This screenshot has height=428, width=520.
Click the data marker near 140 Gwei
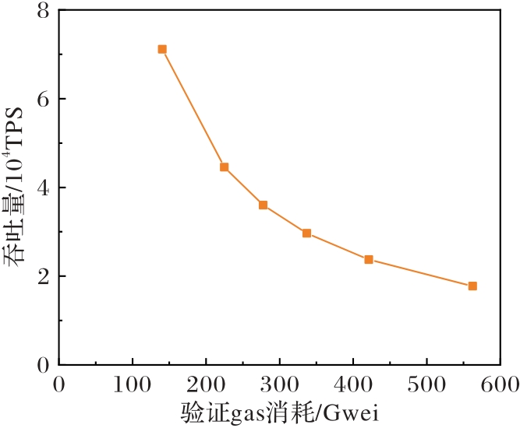[x=162, y=49]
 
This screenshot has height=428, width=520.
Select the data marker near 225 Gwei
[x=225, y=167]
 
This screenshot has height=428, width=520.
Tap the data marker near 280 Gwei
[x=264, y=205]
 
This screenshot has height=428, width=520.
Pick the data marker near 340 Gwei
[x=307, y=233]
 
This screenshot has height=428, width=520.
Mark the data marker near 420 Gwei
[x=369, y=260]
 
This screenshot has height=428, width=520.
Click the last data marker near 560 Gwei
[x=472, y=286]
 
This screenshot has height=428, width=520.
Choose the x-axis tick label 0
[x=59, y=385]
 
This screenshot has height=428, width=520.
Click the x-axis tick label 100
[x=133, y=385]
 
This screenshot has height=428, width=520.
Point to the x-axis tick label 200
[x=206, y=385]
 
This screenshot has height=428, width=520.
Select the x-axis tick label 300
[x=279, y=385]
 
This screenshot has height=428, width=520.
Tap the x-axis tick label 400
[x=353, y=385]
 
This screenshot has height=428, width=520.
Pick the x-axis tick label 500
[x=426, y=385]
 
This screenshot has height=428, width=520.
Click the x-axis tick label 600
[x=500, y=385]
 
